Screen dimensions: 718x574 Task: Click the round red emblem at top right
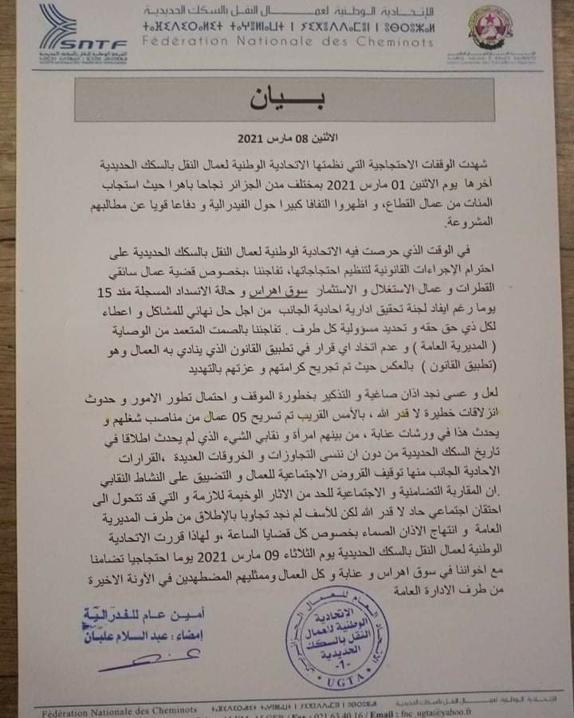[x=489, y=29]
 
